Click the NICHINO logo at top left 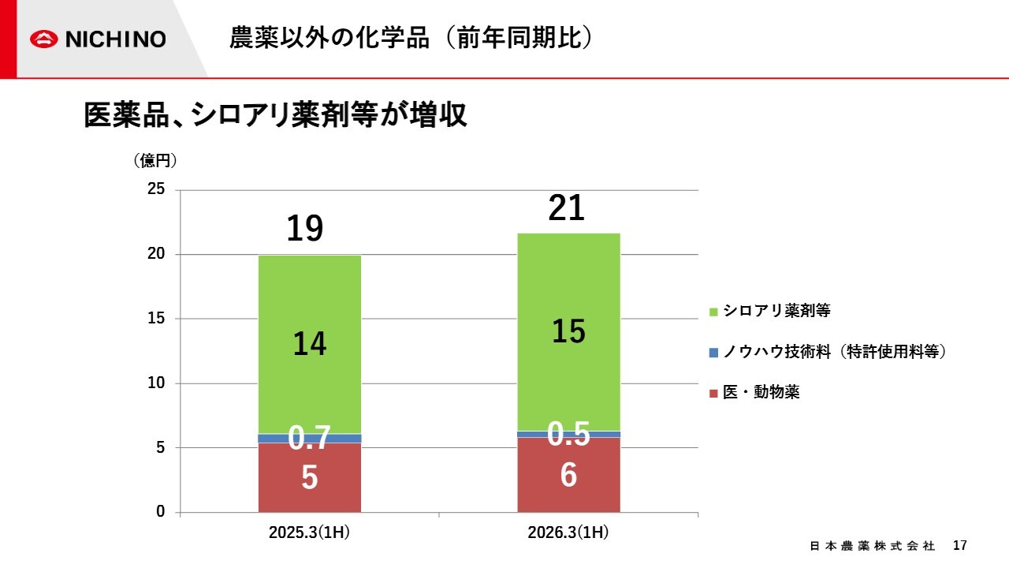[98, 39]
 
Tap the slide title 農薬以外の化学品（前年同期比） [410, 38]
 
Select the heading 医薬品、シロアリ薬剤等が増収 [276, 115]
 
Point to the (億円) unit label [155, 161]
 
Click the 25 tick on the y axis [156, 190]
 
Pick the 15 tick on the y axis [156, 319]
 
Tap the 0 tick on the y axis [160, 512]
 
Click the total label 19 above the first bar [305, 229]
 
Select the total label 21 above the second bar [567, 208]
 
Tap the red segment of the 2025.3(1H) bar [310, 489]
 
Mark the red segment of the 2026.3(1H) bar [568, 489]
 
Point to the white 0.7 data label [309, 438]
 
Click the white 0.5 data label [568, 433]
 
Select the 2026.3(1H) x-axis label [568, 532]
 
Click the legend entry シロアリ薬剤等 [776, 311]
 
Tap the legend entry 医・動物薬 [761, 392]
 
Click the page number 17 [959, 546]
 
